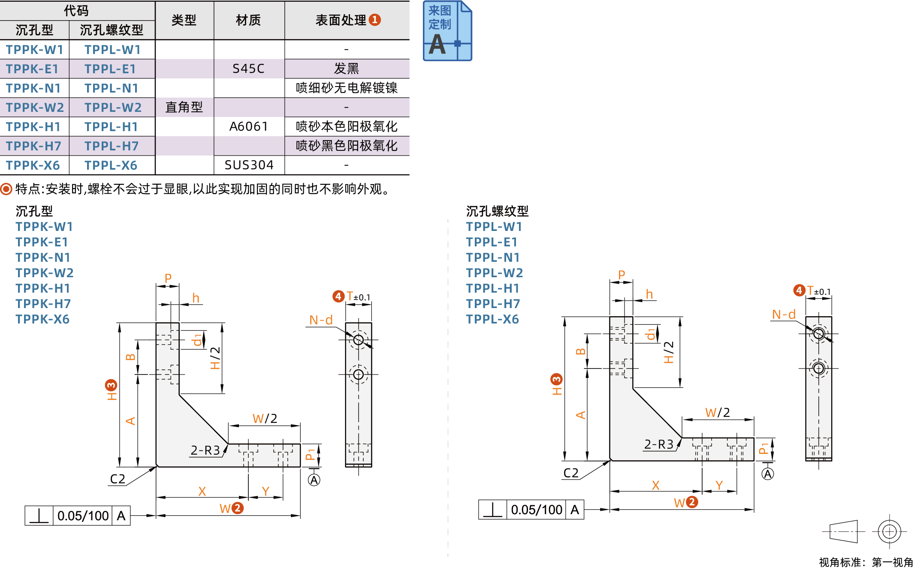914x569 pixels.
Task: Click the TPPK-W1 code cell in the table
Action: tap(34, 50)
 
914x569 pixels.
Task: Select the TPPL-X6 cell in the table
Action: tap(111, 165)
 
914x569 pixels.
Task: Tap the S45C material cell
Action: tap(248, 69)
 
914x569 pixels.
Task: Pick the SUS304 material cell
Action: tap(249, 165)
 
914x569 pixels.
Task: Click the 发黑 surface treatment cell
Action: tap(346, 69)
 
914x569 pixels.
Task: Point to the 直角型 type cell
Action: tap(184, 107)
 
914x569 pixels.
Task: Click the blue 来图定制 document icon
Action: tap(447, 31)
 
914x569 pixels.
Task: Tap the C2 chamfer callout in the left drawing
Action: tap(118, 479)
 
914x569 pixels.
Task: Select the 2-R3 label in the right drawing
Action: tap(659, 444)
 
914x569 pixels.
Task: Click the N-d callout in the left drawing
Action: tap(321, 320)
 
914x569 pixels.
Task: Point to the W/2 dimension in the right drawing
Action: tap(718, 413)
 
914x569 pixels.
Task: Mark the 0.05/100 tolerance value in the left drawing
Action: tap(83, 516)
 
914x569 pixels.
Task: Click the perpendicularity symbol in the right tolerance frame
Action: tap(492, 510)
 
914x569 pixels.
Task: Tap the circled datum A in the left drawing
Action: tap(314, 480)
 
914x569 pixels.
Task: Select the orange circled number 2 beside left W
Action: tap(237, 508)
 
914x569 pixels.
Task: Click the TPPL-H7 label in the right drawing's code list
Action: tap(493, 304)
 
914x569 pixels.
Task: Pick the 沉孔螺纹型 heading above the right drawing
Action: tap(497, 211)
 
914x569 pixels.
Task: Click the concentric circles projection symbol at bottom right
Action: tap(889, 532)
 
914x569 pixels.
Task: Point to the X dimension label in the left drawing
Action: tap(202, 491)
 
